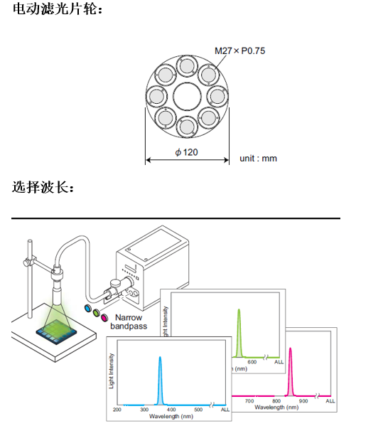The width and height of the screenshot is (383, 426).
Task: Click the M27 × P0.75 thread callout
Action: (239, 50)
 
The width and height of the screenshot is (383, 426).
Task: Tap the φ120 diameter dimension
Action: (186, 152)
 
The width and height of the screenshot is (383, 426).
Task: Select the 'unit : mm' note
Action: (258, 159)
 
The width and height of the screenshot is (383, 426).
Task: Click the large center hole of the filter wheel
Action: (187, 97)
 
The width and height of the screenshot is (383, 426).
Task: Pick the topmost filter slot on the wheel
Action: (187, 66)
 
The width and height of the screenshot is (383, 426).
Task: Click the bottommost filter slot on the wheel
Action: (187, 127)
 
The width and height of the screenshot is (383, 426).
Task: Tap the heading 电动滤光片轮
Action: (58, 9)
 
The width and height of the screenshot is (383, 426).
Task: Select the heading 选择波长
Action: (43, 187)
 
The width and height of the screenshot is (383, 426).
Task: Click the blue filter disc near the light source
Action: (88, 308)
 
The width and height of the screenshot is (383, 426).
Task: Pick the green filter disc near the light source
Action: (96, 313)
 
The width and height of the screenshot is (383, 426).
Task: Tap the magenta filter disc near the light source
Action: (104, 317)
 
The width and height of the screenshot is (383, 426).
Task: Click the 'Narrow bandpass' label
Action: (129, 321)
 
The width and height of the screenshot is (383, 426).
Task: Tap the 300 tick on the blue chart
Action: (144, 410)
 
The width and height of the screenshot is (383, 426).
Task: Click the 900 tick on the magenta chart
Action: (303, 400)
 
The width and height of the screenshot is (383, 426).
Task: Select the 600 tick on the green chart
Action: (252, 362)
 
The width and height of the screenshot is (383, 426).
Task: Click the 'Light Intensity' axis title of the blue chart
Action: (112, 371)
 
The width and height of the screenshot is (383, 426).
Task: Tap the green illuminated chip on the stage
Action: (56, 331)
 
